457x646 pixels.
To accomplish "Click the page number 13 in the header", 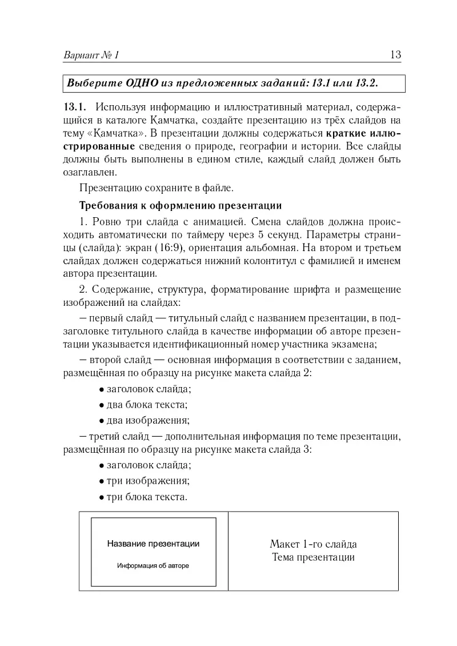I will [395, 55].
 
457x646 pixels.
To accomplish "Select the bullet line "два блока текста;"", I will [143, 405].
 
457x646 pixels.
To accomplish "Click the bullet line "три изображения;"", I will [144, 481].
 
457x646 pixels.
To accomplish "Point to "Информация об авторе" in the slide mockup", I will [153, 565].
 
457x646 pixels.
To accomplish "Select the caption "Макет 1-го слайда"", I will [313, 544].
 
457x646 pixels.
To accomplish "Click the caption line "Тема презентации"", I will [313, 557].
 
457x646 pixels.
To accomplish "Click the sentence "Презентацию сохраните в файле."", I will [157, 187].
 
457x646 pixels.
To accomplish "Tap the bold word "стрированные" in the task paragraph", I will [99, 147].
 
